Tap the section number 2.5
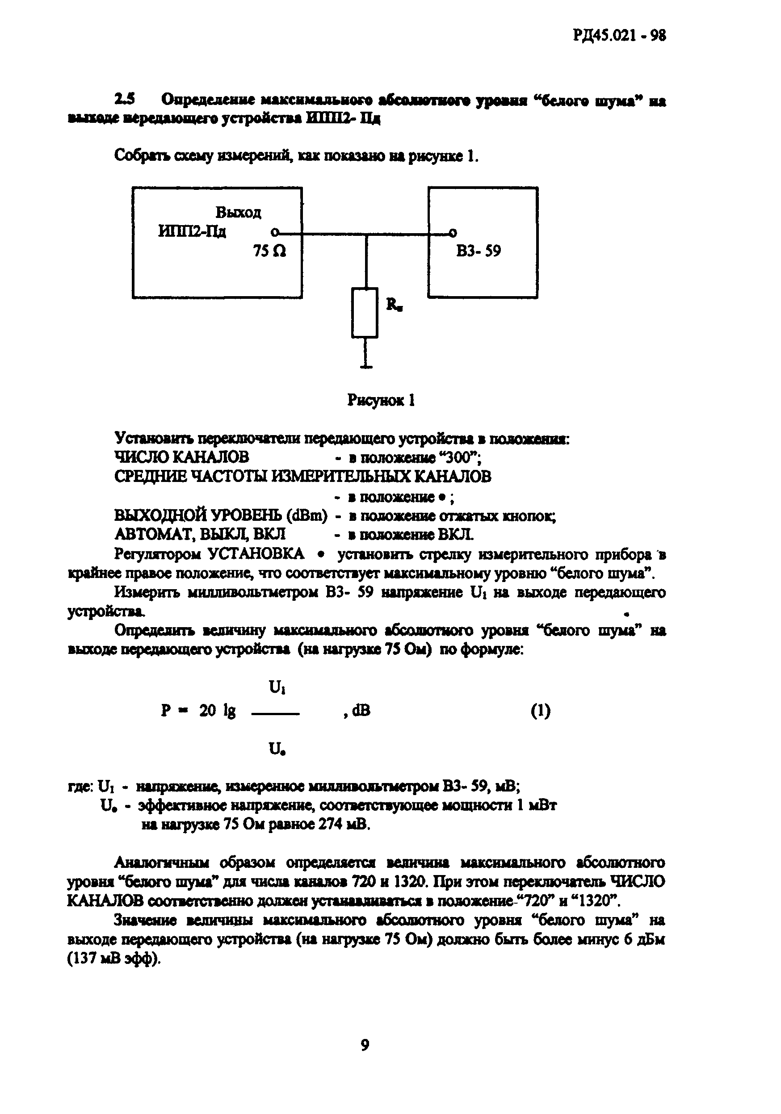(125, 100)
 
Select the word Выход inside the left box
(238, 213)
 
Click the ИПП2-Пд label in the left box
(192, 232)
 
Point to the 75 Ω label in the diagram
(269, 251)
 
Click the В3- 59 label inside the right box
(478, 251)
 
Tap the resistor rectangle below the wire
(365, 313)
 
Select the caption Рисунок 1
(381, 400)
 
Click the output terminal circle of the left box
(275, 233)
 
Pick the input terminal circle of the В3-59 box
(453, 233)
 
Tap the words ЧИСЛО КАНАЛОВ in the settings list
(181, 457)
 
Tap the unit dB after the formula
(361, 711)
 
